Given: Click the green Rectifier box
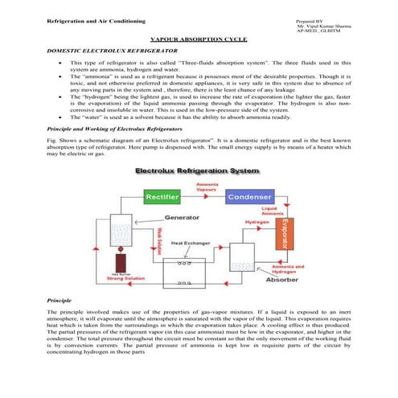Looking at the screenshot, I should (x=161, y=196).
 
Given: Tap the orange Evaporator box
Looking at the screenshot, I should (x=284, y=237).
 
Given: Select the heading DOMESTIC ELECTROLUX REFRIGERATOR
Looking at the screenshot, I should (x=103, y=51).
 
